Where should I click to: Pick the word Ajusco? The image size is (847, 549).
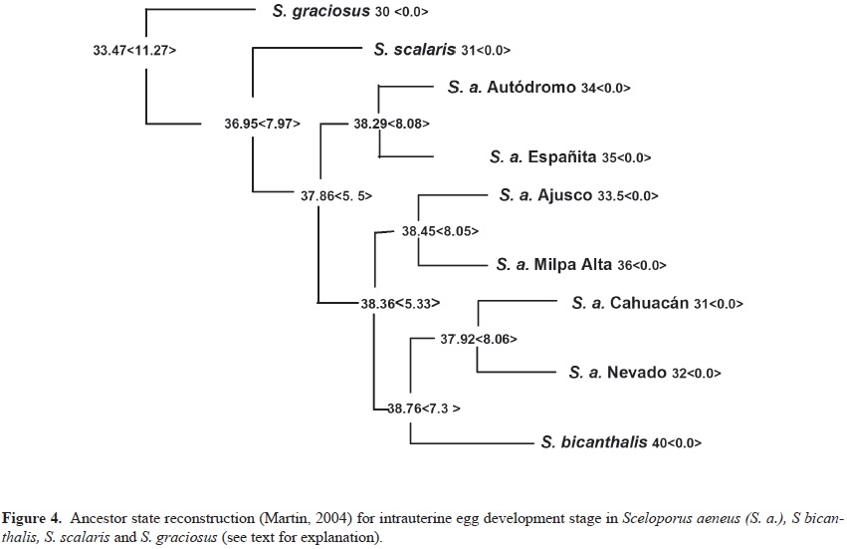[x=563, y=195]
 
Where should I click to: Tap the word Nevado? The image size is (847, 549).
[x=632, y=373]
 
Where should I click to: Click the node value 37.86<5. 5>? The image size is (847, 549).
[x=336, y=196]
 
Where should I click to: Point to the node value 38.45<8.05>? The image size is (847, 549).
[x=440, y=231]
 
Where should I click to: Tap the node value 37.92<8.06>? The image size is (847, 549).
[x=479, y=339]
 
